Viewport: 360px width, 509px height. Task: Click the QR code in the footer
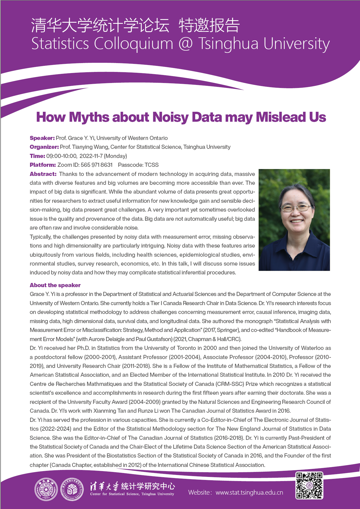pyautogui.click(x=309, y=485)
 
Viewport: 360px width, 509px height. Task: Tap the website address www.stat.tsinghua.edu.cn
pyautogui.click(x=249, y=492)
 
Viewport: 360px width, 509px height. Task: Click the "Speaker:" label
pyautogui.click(x=42, y=138)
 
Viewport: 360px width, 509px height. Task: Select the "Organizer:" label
pyautogui.click(x=44, y=147)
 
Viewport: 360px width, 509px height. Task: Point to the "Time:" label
pyautogui.click(x=37, y=156)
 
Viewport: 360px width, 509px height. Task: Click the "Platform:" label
pyautogui.click(x=43, y=165)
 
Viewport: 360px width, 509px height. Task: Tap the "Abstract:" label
pyautogui.click(x=43, y=174)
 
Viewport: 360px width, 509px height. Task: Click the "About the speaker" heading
pyautogui.click(x=55, y=285)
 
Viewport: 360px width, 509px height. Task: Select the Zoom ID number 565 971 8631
pyautogui.click(x=96, y=165)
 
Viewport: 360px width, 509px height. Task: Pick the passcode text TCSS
pyautogui.click(x=152, y=165)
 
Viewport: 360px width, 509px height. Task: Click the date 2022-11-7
pyautogui.click(x=91, y=156)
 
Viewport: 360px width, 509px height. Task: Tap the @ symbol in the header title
pyautogui.click(x=185, y=44)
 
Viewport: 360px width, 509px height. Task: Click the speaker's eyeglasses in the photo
pyautogui.click(x=296, y=207)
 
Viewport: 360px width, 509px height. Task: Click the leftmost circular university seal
pyautogui.click(x=46, y=489)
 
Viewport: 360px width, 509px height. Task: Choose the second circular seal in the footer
pyautogui.click(x=72, y=489)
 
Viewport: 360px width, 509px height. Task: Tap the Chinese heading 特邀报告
pyautogui.click(x=209, y=25)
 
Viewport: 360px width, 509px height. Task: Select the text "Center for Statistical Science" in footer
pyautogui.click(x=115, y=494)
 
